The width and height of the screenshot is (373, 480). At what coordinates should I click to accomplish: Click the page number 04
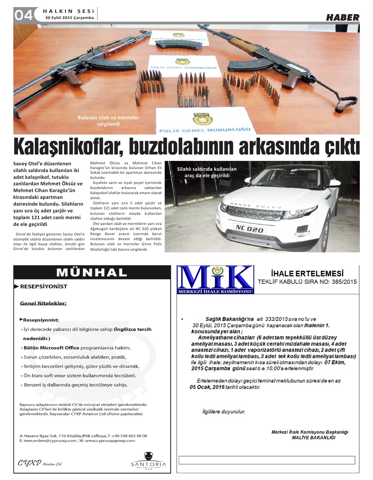click(x=23, y=15)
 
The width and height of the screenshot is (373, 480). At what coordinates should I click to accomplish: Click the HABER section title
click(x=342, y=17)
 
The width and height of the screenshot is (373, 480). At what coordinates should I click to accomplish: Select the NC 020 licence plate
click(x=249, y=229)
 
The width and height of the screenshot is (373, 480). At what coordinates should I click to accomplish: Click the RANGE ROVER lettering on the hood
click(x=256, y=206)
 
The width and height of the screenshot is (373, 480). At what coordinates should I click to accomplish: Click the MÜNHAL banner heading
click(x=92, y=272)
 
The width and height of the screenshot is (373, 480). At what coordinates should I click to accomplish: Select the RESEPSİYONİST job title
click(x=43, y=287)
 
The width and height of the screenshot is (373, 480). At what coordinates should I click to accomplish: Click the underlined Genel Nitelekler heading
click(x=43, y=303)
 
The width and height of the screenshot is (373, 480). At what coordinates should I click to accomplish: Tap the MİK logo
click(x=216, y=279)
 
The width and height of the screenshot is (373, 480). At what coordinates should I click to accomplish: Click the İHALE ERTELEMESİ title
click(x=307, y=273)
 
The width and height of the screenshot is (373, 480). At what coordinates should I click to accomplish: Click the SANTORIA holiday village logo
click(x=148, y=461)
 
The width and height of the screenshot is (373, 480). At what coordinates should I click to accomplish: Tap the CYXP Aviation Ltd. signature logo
click(x=40, y=463)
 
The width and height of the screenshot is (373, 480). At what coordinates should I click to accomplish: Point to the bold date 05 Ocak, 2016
click(x=207, y=387)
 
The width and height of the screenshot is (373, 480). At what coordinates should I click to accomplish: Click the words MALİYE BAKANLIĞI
click(x=313, y=438)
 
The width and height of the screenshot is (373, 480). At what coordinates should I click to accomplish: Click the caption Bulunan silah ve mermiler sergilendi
click(x=108, y=121)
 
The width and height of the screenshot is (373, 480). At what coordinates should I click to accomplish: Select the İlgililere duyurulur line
click(x=223, y=412)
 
